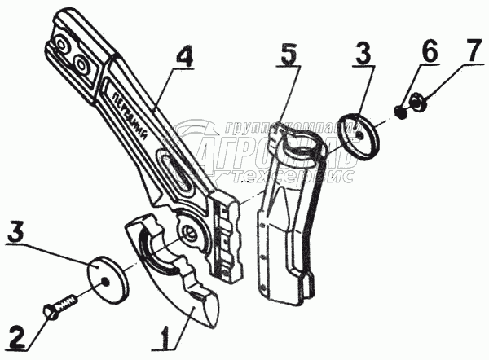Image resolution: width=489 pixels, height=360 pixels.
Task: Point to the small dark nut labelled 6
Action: tap(399, 110)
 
